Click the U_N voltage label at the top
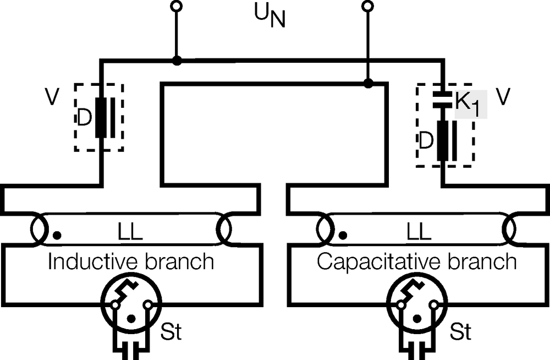click(x=269, y=16)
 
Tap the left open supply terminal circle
click(x=177, y=6)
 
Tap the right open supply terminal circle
click(x=367, y=6)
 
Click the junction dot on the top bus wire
click(x=177, y=61)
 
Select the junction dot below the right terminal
click(x=368, y=83)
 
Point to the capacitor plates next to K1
click(x=442, y=100)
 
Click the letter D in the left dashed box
click(x=84, y=117)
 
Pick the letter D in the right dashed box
click(x=426, y=140)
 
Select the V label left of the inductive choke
click(x=52, y=96)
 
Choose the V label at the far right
click(x=503, y=96)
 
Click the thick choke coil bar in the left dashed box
click(x=101, y=118)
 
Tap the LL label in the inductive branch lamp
click(x=130, y=232)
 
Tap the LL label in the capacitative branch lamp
click(x=419, y=232)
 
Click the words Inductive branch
click(x=131, y=261)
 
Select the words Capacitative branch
click(x=417, y=261)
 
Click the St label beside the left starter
click(x=171, y=331)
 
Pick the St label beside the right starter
click(x=460, y=331)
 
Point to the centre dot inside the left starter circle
click(x=131, y=319)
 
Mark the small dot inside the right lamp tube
click(x=343, y=235)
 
